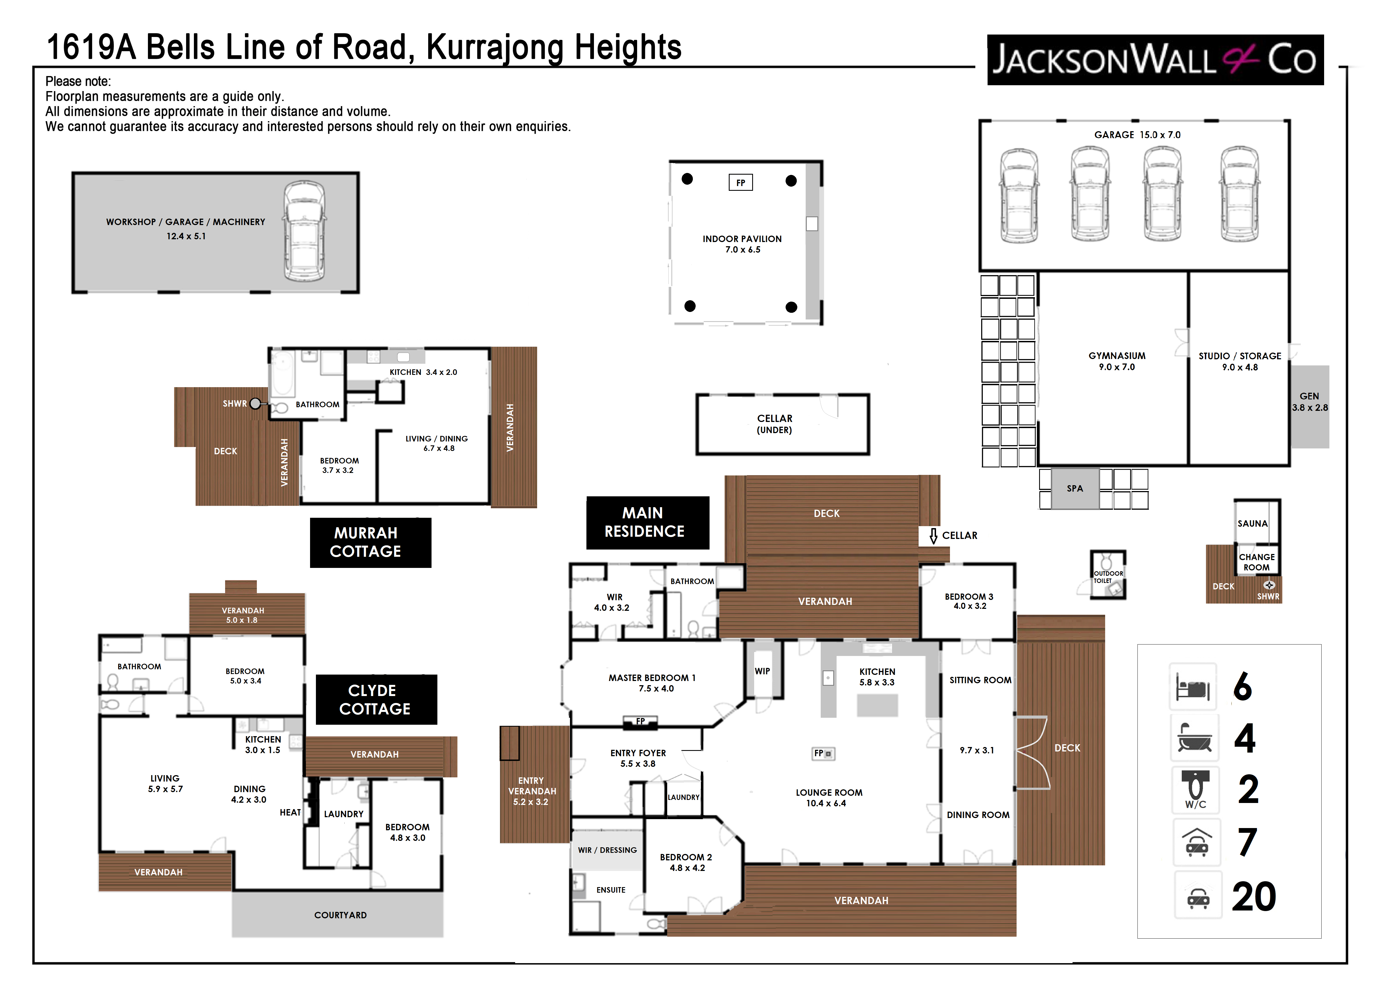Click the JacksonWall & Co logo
[1155, 60]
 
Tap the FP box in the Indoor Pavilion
[741, 182]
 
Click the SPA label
[1074, 489]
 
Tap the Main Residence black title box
[647, 523]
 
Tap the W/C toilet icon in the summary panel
[1195, 790]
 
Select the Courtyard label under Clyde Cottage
[340, 915]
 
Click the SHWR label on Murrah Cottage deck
[235, 404]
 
